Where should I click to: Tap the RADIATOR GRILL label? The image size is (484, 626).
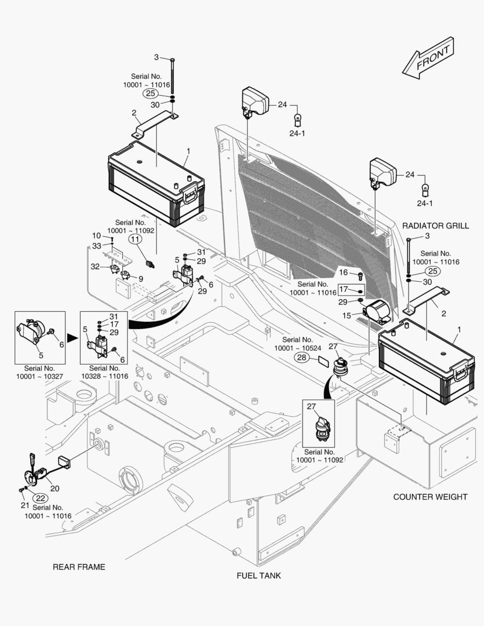[x=435, y=225]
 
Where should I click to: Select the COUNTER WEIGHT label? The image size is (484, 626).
[x=430, y=497]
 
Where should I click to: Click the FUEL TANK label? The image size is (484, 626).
[x=259, y=576]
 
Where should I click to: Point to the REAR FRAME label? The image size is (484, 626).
[x=79, y=567]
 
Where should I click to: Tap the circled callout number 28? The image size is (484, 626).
[x=303, y=358]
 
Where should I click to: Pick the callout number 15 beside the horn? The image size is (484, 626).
[x=347, y=316]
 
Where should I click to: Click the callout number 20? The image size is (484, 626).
[x=55, y=488]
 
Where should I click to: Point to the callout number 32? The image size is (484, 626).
[x=96, y=267]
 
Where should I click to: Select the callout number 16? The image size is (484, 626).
[x=344, y=272]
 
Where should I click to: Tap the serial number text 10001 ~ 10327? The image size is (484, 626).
[x=39, y=376]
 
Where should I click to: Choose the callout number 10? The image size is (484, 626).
[x=96, y=235]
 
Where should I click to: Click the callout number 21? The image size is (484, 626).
[x=25, y=505]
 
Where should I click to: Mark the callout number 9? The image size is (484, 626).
[x=140, y=278]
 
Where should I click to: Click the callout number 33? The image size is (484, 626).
[x=96, y=246]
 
